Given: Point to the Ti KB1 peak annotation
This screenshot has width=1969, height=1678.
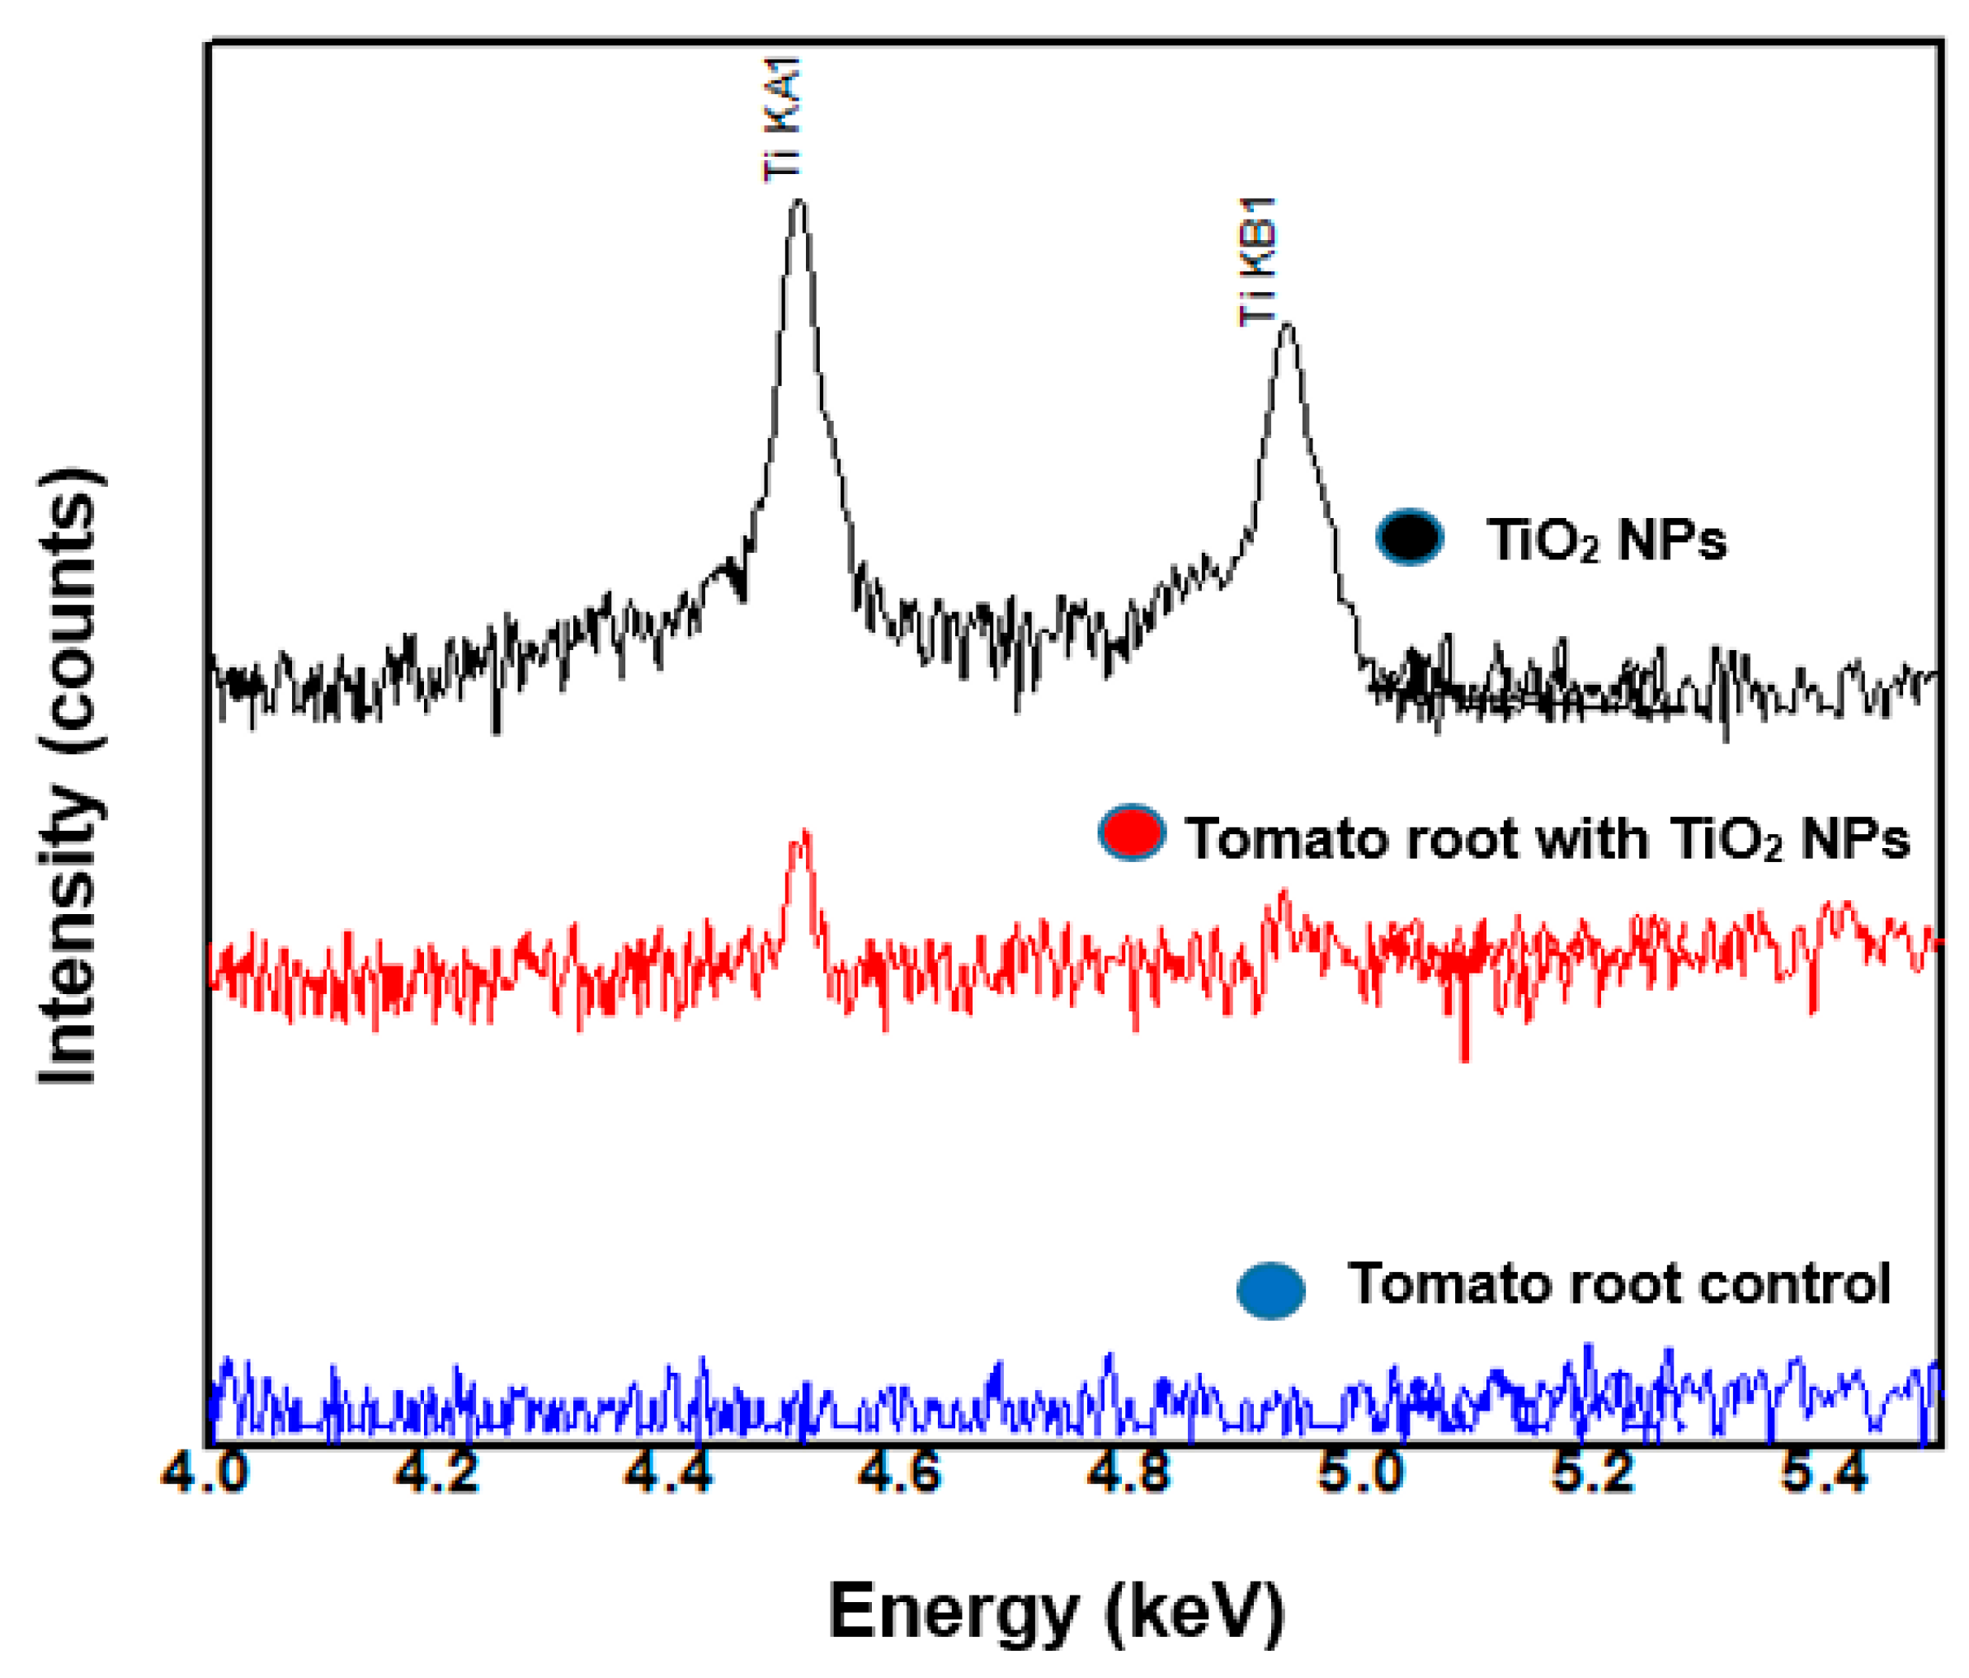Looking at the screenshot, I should (1259, 262).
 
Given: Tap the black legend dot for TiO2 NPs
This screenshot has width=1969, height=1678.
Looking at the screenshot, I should (1409, 537).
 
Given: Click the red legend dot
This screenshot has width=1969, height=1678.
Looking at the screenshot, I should (1131, 832).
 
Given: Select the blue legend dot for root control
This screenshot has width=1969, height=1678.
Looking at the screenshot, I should (1270, 1290).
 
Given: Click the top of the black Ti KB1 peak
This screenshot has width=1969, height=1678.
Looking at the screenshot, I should (1287, 326).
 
